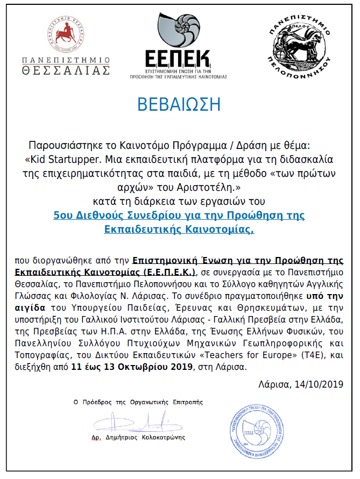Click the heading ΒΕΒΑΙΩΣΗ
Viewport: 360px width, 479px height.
179,104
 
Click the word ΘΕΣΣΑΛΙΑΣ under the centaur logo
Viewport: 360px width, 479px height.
66,70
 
